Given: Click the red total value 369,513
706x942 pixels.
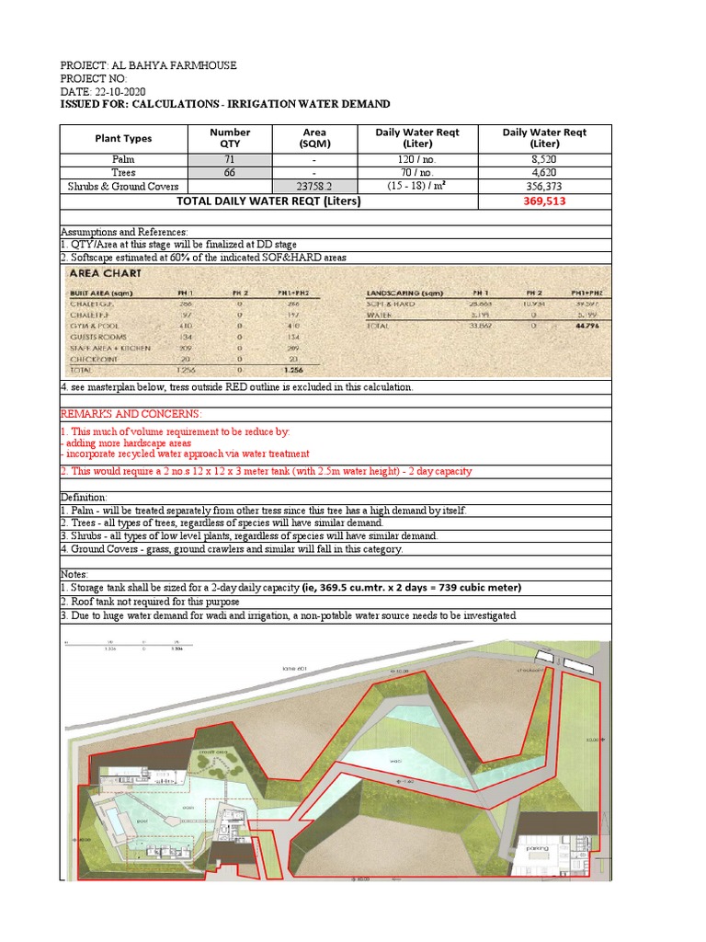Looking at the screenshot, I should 544,201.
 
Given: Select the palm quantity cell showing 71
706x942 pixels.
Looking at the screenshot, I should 229,159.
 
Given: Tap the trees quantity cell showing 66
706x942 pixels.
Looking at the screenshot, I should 229,172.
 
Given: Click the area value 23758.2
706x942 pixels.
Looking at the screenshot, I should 313,186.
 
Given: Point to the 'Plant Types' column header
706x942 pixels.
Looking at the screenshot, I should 123,139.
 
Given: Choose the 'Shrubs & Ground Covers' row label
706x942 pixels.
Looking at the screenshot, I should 123,186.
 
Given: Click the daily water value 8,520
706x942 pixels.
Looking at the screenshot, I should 544,159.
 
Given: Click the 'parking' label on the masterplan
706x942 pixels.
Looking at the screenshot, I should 537,849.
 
